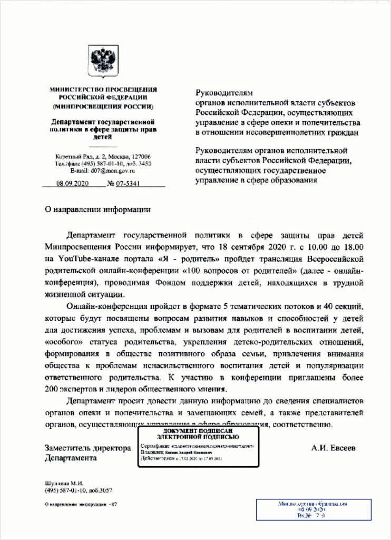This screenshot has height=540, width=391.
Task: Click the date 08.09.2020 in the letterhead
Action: point(73,184)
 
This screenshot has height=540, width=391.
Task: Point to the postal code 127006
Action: point(140,157)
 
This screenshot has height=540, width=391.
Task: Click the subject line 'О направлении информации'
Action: point(97,209)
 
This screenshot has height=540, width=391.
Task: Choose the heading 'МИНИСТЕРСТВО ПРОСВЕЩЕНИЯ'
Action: point(103,90)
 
